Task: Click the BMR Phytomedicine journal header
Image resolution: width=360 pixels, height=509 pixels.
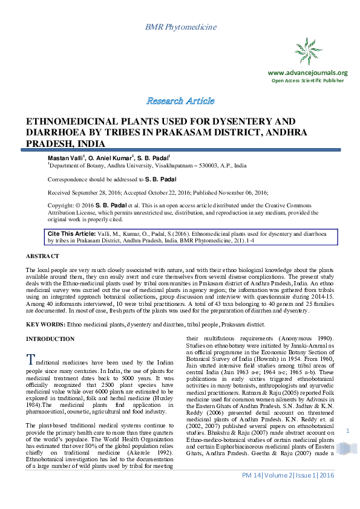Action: pyautogui.click(x=180, y=28)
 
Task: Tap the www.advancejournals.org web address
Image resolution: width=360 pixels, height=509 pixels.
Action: pyautogui.click(x=307, y=73)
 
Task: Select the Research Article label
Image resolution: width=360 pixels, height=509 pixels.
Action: pyautogui.click(x=180, y=100)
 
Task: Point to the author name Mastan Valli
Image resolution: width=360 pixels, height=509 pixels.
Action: pyautogui.click(x=64, y=157)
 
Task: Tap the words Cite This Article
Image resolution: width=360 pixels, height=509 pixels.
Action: pyautogui.click(x=71, y=233)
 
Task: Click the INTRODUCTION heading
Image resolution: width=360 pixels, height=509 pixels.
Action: pyautogui.click(x=51, y=339)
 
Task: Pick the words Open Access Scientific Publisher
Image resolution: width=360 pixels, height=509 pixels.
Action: pyautogui.click(x=307, y=80)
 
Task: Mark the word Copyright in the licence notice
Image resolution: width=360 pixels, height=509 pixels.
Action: pyautogui.click(x=61, y=206)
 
